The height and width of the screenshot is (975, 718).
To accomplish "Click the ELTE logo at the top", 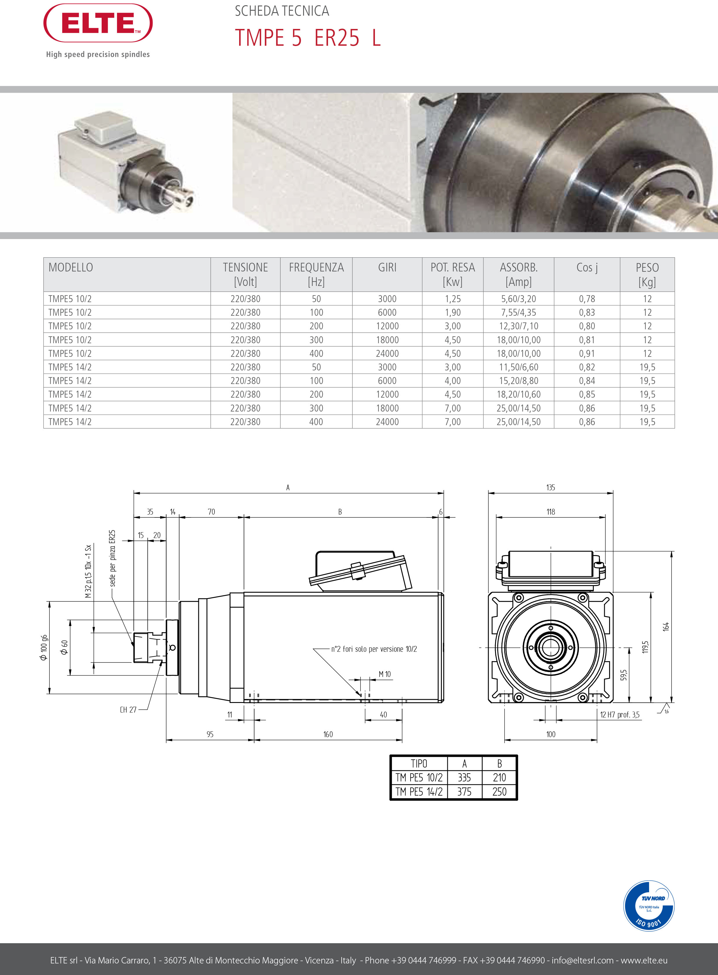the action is click(x=98, y=23).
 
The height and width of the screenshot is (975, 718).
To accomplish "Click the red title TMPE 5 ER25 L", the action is click(x=308, y=38).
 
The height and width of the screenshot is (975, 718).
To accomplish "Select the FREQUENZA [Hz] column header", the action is click(x=316, y=274).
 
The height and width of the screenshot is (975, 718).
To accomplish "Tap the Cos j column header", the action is click(x=587, y=268).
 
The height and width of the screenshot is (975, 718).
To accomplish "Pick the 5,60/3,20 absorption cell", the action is click(x=519, y=299).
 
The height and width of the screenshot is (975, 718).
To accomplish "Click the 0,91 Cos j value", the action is click(x=587, y=354).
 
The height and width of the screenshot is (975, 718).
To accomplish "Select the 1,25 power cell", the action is click(x=453, y=299).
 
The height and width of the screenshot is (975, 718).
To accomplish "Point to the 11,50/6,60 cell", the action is click(x=519, y=367).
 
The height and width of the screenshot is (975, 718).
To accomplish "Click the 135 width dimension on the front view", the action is click(x=551, y=487).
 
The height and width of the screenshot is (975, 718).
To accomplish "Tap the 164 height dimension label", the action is click(x=666, y=627).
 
